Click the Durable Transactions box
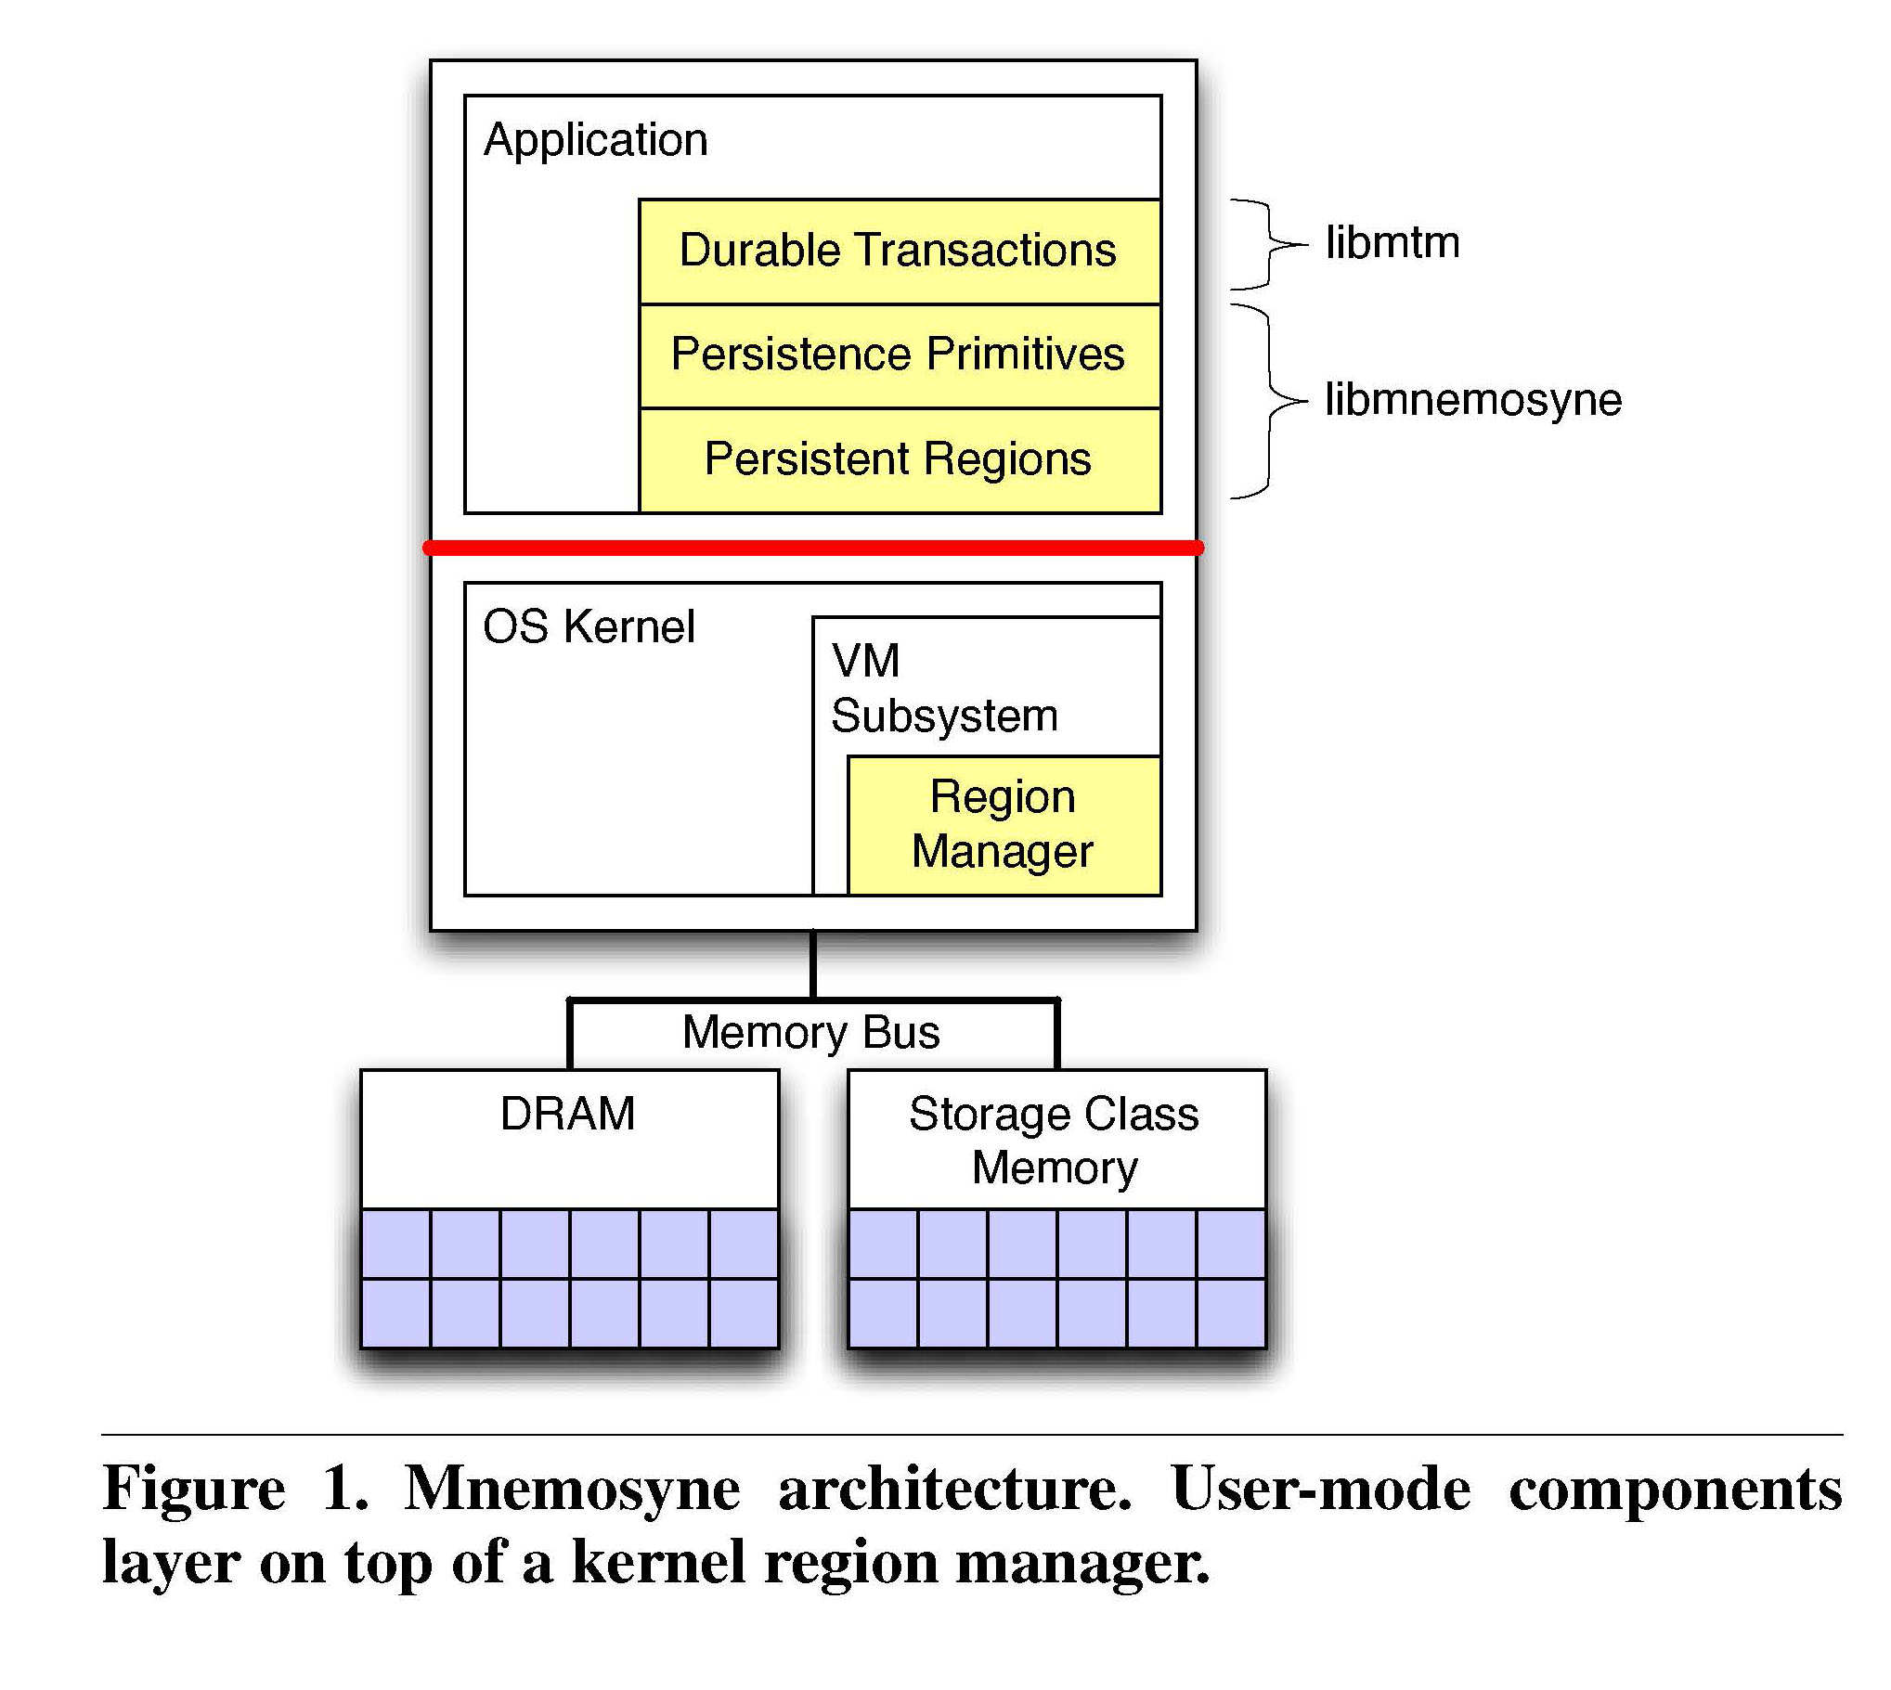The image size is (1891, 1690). click(900, 252)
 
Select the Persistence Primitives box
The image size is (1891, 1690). click(900, 356)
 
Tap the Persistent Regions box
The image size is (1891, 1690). click(900, 460)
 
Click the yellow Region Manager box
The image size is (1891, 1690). click(1004, 825)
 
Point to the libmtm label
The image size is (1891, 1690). click(1392, 242)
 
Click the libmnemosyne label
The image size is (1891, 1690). click(1473, 400)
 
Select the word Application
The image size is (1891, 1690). click(595, 141)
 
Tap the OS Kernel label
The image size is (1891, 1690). click(589, 626)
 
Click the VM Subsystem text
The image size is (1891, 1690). click(943, 688)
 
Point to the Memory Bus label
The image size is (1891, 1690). click(810, 1033)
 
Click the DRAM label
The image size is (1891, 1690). click(567, 1114)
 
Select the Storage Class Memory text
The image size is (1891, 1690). click(1055, 1141)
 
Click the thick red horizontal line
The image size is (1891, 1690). click(813, 548)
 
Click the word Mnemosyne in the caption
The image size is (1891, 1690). click(572, 1490)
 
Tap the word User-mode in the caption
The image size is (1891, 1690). click(1321, 1489)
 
